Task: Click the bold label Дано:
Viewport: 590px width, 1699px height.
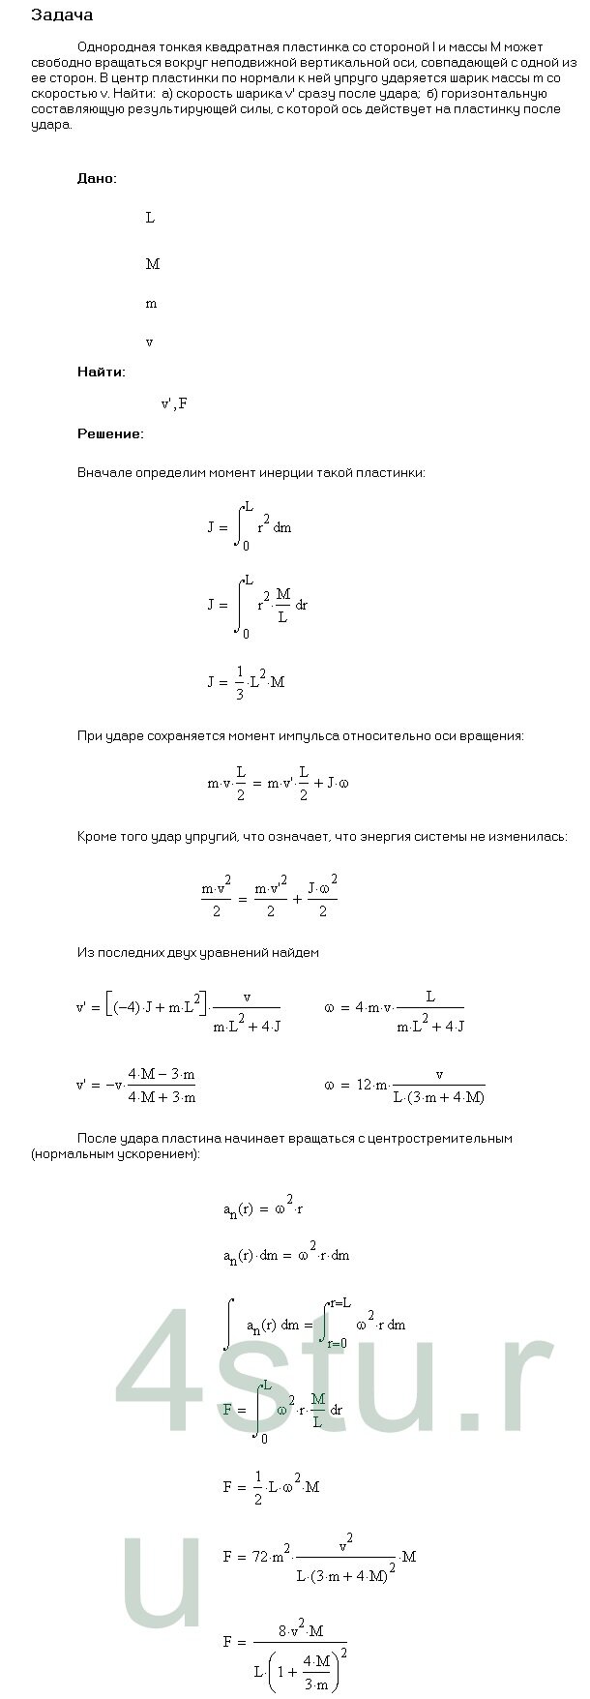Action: click(x=97, y=179)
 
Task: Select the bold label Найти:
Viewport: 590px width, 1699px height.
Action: click(x=101, y=372)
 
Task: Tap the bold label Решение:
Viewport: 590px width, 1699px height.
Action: click(x=110, y=433)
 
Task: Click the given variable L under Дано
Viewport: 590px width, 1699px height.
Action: click(x=150, y=218)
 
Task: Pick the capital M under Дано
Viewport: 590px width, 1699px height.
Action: click(x=152, y=264)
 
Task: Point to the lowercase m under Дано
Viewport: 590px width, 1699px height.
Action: click(x=151, y=304)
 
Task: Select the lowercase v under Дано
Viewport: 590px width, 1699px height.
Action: click(x=149, y=343)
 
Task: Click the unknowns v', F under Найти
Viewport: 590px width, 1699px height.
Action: click(x=174, y=403)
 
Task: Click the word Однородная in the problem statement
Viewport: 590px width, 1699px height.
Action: click(x=111, y=46)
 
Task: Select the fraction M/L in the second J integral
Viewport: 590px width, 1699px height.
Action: click(x=282, y=606)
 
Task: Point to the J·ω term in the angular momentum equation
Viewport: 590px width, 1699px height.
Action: click(x=333, y=783)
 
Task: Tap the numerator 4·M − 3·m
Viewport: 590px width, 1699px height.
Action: click(x=162, y=1075)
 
